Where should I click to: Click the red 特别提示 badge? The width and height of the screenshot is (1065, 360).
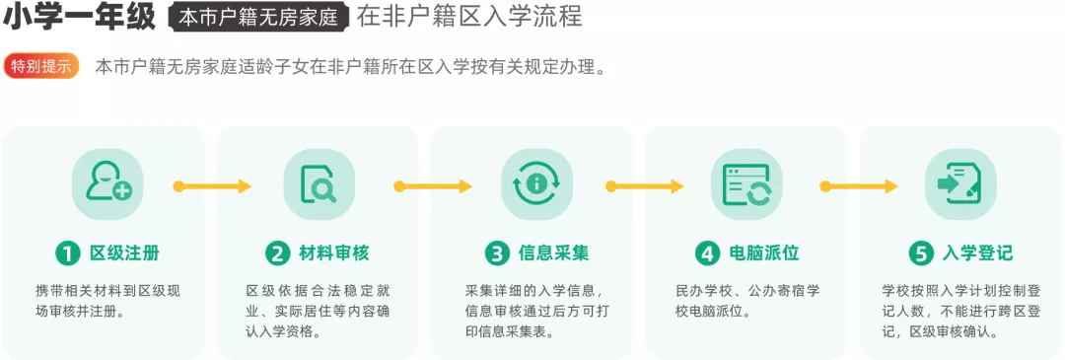pos(41,66)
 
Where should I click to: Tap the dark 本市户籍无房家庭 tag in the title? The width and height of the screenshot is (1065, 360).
pos(259,17)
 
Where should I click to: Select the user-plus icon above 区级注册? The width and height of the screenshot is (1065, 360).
pos(107,183)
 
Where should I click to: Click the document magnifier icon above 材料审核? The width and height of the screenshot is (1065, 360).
pos(319,184)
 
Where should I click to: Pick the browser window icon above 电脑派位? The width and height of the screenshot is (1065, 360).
pos(746,184)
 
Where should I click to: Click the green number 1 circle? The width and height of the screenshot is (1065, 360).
pos(67,252)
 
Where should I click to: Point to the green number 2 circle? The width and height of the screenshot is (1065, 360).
pos(278,252)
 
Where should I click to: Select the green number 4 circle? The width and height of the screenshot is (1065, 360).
pos(707,252)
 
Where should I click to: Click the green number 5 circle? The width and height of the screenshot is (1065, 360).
pos(920,252)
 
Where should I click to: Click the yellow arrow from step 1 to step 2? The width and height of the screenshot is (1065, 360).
pos(212,185)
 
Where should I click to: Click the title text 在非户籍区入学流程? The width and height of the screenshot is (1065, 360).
pos(468,17)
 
